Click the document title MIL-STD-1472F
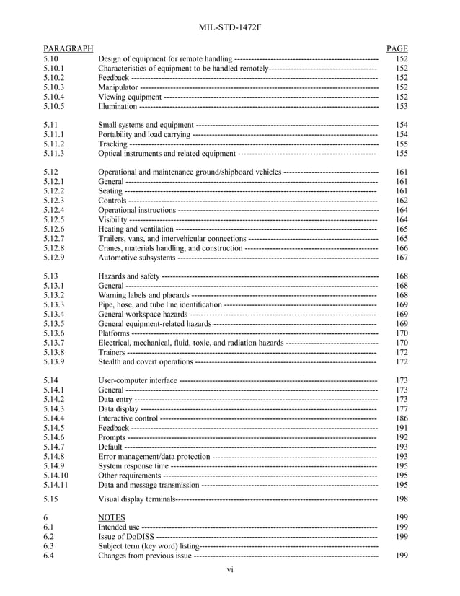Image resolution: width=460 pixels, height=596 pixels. point(229,27)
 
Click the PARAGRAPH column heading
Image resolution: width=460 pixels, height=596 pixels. point(68,48)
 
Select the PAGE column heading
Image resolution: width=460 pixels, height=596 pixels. point(397,48)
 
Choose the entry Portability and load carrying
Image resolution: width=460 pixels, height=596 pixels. point(143,134)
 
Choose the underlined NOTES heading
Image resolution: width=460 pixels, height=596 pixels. point(112,517)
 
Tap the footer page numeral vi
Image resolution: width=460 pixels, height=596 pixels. point(230,570)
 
